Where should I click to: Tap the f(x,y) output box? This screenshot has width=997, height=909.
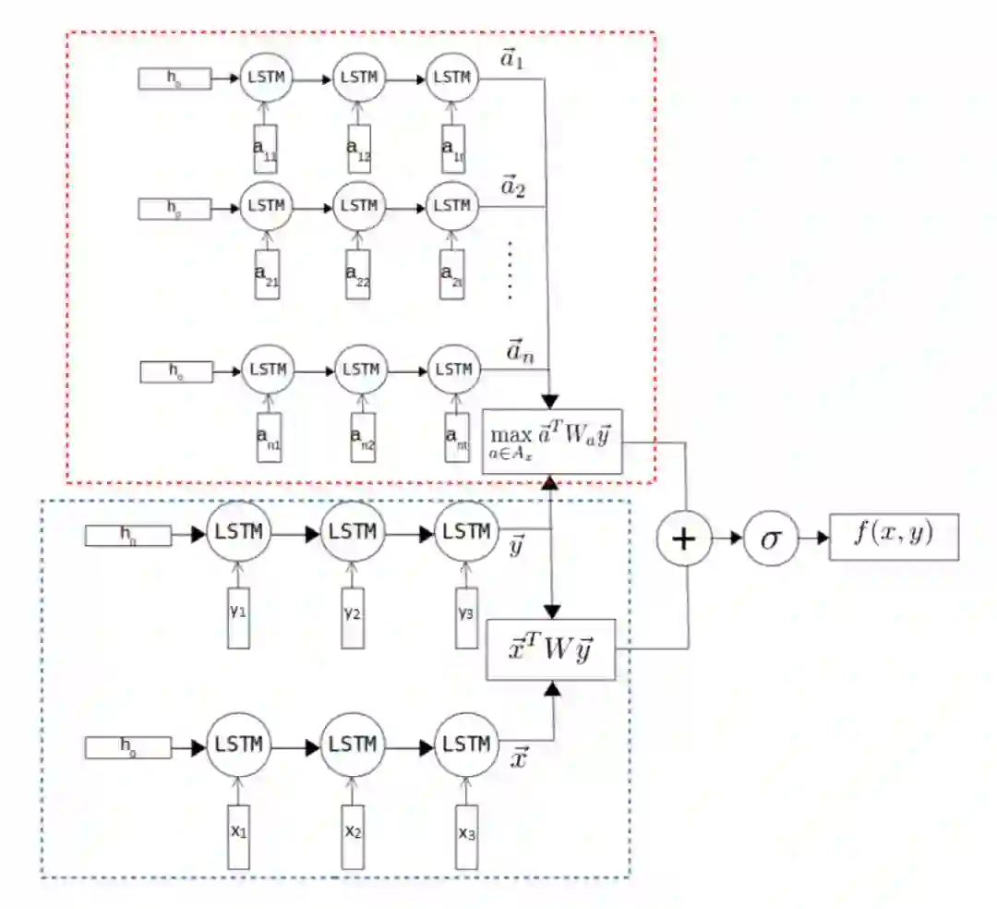[x=893, y=536]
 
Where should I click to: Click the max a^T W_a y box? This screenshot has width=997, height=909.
[x=552, y=442]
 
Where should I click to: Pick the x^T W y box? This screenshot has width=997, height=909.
[x=550, y=648]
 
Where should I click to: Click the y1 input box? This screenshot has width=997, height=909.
[x=238, y=615]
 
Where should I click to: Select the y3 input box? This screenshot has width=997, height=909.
[x=466, y=615]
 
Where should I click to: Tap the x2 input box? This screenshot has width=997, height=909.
[x=354, y=835]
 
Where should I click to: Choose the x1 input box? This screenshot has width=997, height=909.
[x=238, y=835]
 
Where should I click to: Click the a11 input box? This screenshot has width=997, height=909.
[x=266, y=149]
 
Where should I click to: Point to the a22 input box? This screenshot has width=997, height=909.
[x=358, y=273]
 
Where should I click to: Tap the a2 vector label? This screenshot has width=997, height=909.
[x=512, y=190]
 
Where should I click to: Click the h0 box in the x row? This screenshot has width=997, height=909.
[x=128, y=745]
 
